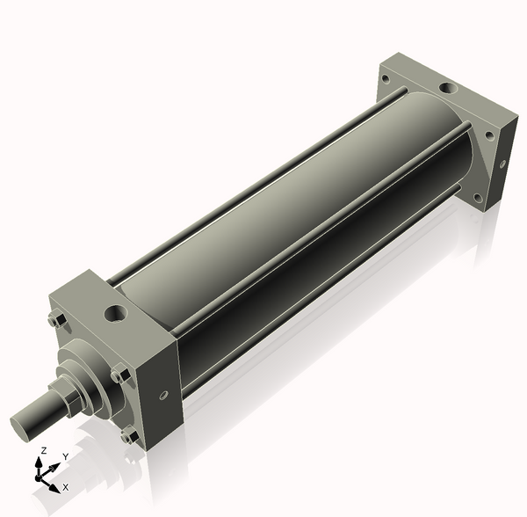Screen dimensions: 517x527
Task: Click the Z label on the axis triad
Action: tap(42, 450)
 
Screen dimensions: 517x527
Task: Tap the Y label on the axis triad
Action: tap(65, 457)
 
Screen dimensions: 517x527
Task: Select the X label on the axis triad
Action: tap(65, 486)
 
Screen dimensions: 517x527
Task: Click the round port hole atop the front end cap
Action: tap(115, 312)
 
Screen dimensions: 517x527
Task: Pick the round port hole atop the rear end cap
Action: tap(447, 88)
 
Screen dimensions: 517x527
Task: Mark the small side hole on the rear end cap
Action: tap(502, 163)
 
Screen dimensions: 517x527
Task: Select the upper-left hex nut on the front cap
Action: tap(55, 321)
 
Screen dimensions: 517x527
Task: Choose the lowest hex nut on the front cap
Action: tap(129, 434)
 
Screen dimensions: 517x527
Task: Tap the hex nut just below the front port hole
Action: tap(119, 375)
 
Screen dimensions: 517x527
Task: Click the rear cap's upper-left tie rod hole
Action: tap(385, 79)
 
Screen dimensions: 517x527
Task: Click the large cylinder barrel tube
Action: tap(290, 211)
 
